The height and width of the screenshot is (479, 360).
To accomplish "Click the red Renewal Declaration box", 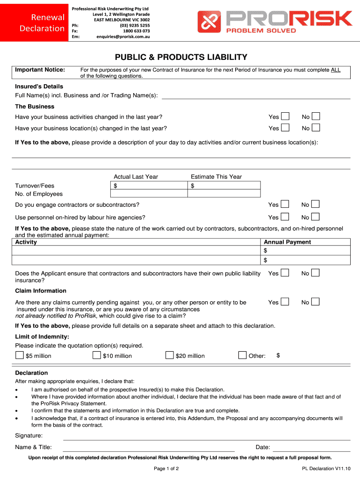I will click(x=36, y=23).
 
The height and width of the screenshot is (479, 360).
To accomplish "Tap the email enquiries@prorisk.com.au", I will click(x=123, y=36).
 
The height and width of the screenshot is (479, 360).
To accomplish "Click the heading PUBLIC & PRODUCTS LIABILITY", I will click(x=181, y=57).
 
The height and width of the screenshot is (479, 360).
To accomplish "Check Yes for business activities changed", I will click(x=285, y=116).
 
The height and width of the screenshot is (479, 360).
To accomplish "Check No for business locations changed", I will click(x=316, y=128).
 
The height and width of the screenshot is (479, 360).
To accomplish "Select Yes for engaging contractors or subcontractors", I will click(x=285, y=204).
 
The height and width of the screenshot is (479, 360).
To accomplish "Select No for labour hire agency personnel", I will click(x=316, y=217).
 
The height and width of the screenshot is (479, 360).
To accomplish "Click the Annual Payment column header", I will click(x=287, y=242).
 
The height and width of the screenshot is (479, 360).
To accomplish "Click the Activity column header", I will click(x=26, y=242).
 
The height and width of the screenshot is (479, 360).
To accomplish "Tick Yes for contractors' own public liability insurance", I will click(x=285, y=273).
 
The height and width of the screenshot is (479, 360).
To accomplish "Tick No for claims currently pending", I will click(x=316, y=302).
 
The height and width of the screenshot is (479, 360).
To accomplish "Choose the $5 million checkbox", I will click(x=20, y=356).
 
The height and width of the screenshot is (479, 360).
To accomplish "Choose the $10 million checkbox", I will click(x=98, y=356).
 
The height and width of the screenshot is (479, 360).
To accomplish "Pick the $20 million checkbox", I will click(x=170, y=356).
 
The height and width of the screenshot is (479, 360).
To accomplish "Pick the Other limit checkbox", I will click(x=242, y=356).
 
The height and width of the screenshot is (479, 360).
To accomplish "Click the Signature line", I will click(x=206, y=436).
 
